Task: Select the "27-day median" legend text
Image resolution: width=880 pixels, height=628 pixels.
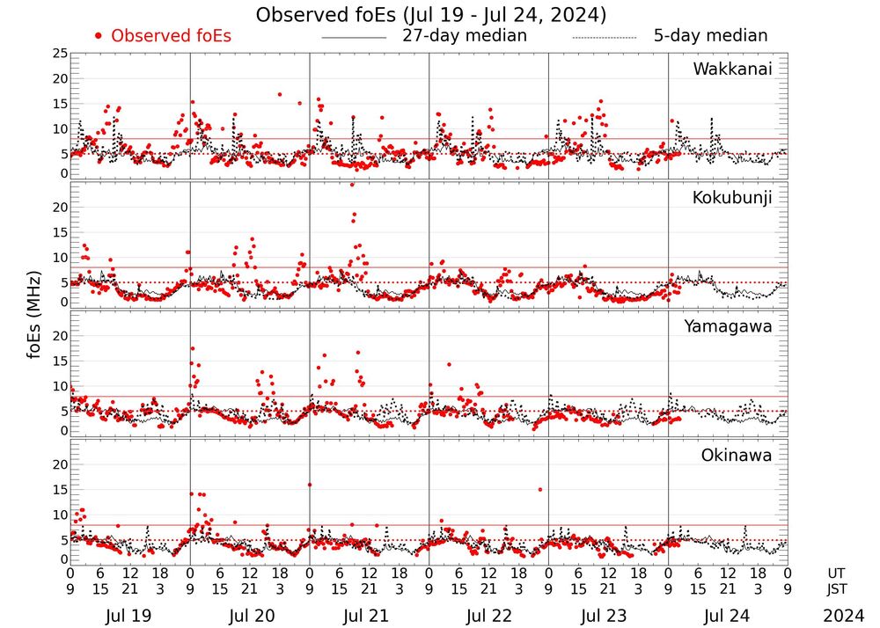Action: (465, 36)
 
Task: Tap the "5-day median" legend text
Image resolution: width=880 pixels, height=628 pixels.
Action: (710, 36)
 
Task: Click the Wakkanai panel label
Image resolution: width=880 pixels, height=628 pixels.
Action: (732, 69)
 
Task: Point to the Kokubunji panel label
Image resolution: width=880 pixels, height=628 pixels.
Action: (731, 198)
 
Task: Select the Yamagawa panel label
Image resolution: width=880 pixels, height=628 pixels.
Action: (729, 326)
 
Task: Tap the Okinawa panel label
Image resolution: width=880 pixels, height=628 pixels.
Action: (737, 456)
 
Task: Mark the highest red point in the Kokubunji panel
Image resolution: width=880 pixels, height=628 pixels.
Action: (353, 185)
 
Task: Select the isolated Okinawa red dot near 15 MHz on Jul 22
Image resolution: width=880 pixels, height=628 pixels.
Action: (539, 489)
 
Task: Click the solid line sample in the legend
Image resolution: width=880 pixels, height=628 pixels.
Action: (354, 38)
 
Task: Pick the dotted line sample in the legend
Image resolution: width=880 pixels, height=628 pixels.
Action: (604, 38)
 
